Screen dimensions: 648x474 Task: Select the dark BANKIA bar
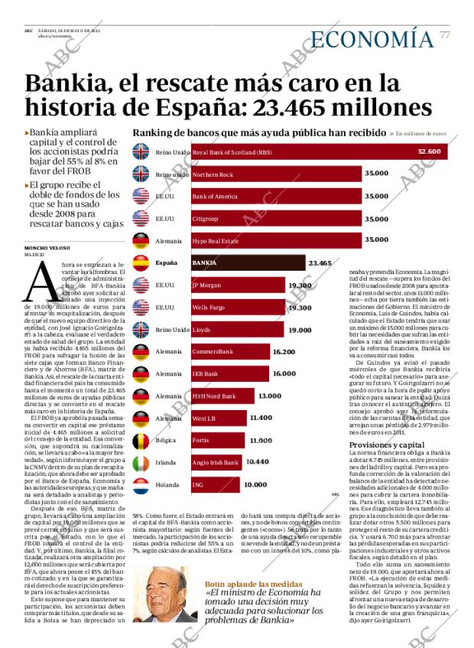coord(248,263)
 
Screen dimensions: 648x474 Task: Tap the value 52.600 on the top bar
coord(429,151)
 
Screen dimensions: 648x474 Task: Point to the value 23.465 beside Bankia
coord(320,263)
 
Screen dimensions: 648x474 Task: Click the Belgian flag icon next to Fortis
coord(141,441)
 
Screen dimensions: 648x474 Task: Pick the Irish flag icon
coord(141,463)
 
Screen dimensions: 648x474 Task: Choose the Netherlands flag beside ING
coord(141,485)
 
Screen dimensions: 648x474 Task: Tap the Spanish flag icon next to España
coord(141,263)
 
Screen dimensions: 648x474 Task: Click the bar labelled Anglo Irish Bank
coord(216,463)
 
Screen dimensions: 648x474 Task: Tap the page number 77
coord(445,35)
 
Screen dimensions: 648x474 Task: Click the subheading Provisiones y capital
coord(386,444)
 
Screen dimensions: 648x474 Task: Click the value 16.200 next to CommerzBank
coord(284,352)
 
